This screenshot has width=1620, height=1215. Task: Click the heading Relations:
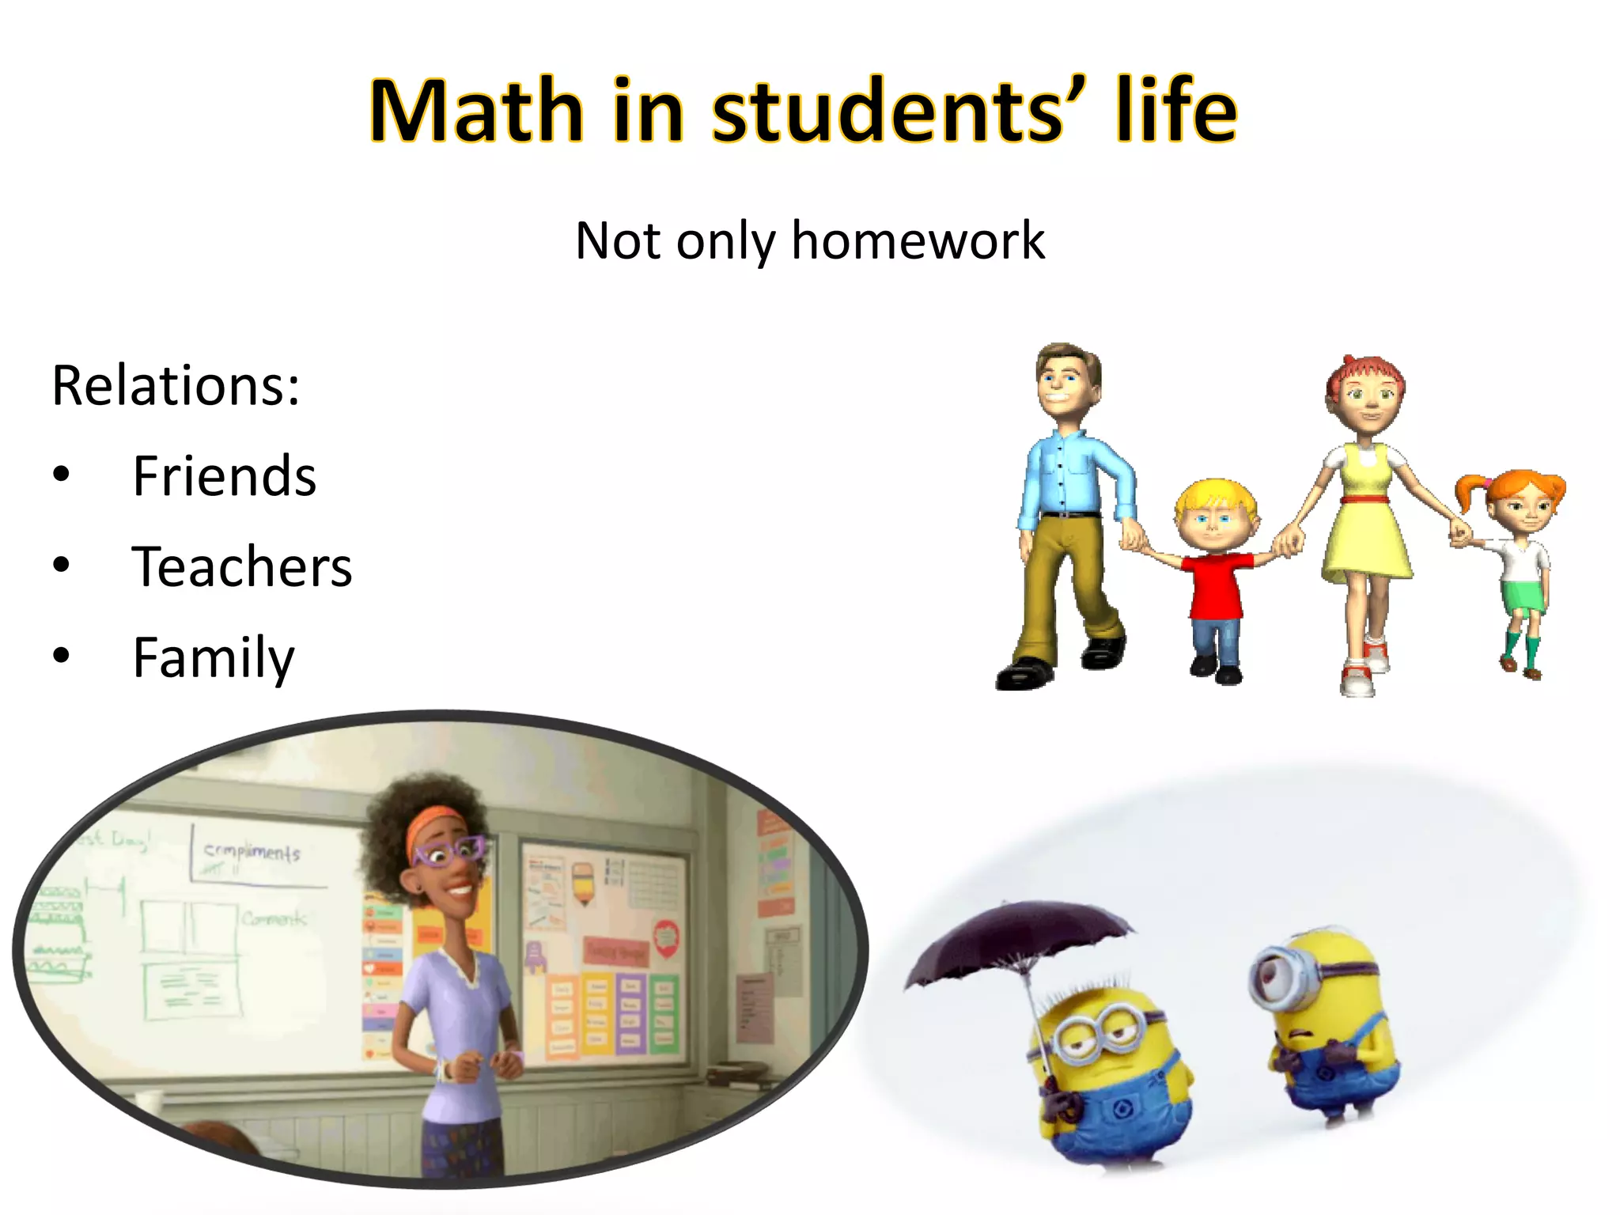coord(176,386)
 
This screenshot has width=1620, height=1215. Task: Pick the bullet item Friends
coord(225,476)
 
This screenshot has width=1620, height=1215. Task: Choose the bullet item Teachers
coord(242,567)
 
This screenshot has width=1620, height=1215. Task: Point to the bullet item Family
coord(214,657)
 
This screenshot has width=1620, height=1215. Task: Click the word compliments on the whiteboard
coord(252,852)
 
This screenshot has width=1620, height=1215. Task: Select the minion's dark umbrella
coord(1020,941)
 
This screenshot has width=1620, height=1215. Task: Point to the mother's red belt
coord(1365,499)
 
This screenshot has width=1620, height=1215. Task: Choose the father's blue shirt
coord(1072,475)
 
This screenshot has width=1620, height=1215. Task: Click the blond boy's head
coord(1214,514)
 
